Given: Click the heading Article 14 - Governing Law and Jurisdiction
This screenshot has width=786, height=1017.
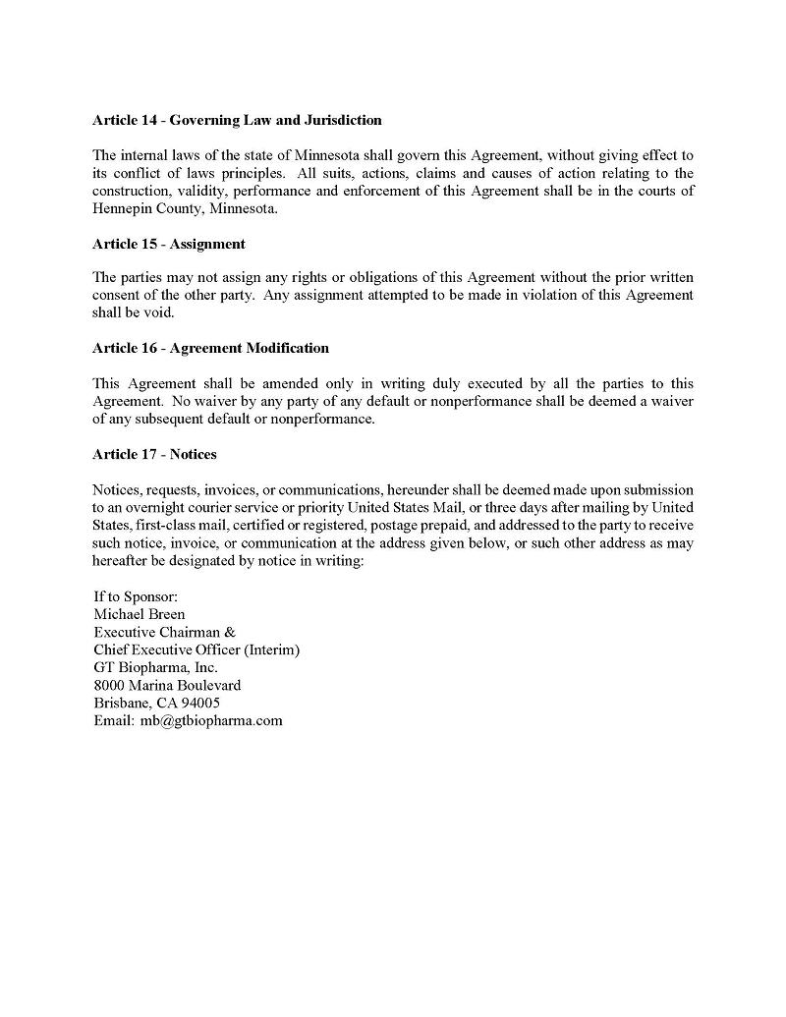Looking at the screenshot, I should pyautogui.click(x=237, y=120).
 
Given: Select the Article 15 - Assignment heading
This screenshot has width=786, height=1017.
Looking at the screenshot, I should pyautogui.click(x=168, y=244).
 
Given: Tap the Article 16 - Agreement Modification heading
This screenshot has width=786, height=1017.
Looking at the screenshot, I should pyautogui.click(x=210, y=348).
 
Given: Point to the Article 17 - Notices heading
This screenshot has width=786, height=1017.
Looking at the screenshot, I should pyautogui.click(x=154, y=454).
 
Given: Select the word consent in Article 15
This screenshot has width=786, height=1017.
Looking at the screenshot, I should pyautogui.click(x=116, y=295).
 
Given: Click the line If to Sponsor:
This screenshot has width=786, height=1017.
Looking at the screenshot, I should pyautogui.click(x=135, y=596).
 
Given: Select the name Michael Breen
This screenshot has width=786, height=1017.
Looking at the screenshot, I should pyautogui.click(x=139, y=614).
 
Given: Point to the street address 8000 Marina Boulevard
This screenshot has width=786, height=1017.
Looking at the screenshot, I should pyautogui.click(x=167, y=685).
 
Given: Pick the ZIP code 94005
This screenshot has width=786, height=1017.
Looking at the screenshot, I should pyautogui.click(x=199, y=703).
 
